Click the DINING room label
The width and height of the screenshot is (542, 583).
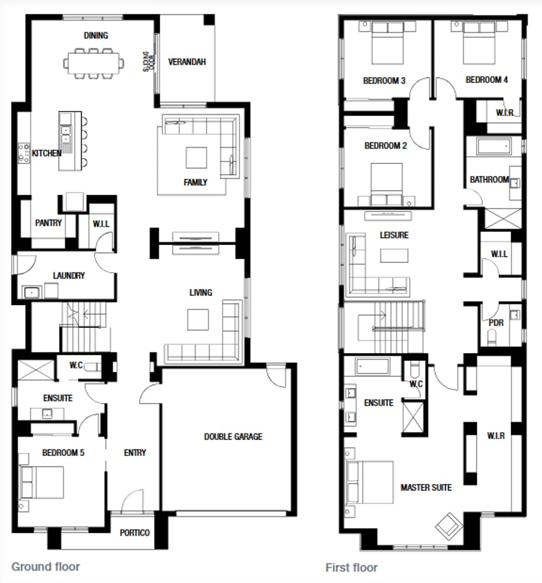coord(96,36)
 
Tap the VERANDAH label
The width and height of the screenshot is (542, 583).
coord(186,62)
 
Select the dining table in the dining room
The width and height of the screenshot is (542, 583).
coord(95,63)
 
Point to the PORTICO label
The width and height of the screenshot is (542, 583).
coord(135,532)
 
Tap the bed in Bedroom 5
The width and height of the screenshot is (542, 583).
coord(43,483)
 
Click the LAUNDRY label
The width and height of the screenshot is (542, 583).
coord(69,275)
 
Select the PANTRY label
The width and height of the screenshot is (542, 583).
coord(49,223)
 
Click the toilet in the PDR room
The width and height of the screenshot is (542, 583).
coord(491,336)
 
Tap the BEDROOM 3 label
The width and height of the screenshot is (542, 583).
coord(384,81)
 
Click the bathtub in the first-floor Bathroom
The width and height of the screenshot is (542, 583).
coord(495,146)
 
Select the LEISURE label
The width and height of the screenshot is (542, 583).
coord(394,235)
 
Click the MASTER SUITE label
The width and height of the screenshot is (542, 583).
coord(426,487)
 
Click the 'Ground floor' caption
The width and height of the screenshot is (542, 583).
coord(46,567)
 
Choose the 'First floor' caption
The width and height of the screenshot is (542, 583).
coord(352,567)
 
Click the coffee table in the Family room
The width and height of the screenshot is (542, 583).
coord(196,157)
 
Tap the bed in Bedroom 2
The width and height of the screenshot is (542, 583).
coord(387,183)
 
